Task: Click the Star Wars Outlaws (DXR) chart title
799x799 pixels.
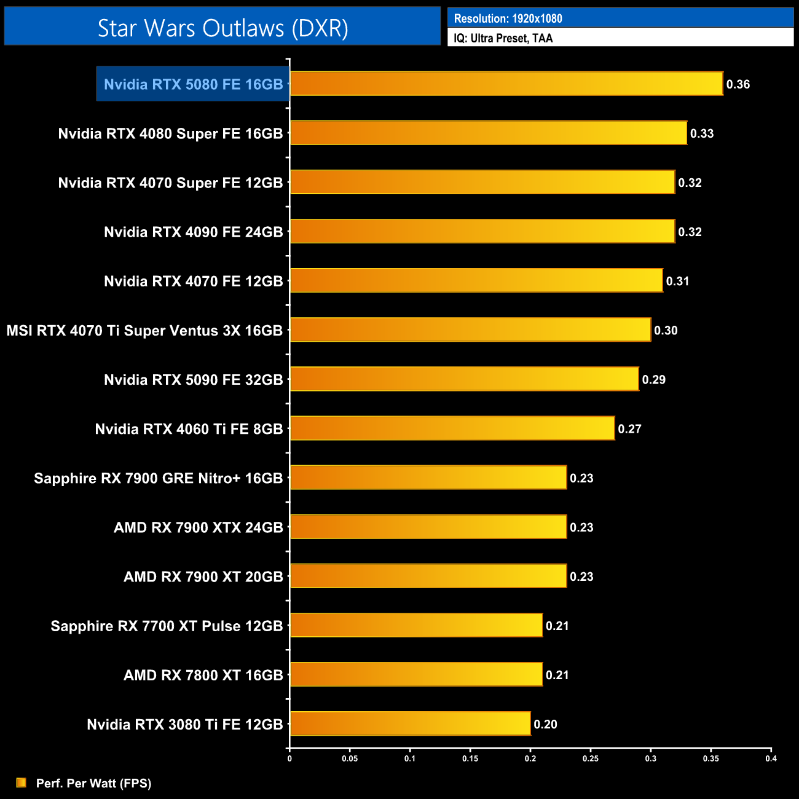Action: [222, 28]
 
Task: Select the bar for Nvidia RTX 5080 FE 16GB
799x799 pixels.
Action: [506, 84]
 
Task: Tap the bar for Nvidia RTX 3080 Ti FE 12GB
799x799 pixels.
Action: [410, 723]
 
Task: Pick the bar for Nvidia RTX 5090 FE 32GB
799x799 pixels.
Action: [464, 379]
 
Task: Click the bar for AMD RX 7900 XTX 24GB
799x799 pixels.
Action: [428, 527]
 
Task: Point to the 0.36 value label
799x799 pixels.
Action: [738, 84]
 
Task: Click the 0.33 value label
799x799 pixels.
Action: [701, 133]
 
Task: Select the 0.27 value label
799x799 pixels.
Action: [629, 428]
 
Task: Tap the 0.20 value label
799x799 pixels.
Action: [545, 724]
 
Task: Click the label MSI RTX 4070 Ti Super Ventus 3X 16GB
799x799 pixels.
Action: [144, 331]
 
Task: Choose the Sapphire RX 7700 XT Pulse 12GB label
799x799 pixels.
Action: [167, 626]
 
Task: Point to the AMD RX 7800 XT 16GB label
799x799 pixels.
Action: [203, 675]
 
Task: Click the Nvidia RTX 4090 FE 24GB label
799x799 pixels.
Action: [193, 232]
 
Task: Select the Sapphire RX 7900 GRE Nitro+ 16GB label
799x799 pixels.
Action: [158, 478]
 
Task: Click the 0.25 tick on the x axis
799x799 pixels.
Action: [590, 758]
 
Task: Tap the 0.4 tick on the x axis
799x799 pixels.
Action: [771, 758]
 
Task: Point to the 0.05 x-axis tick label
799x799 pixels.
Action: [350, 758]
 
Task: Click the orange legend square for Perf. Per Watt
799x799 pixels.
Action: [22, 782]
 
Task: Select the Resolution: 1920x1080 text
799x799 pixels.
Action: [508, 18]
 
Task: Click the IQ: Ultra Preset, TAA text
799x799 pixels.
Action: [503, 38]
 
